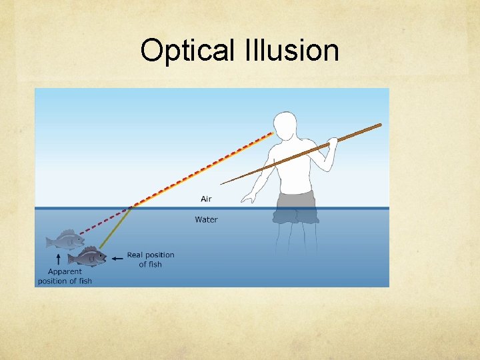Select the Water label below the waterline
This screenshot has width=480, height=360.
[206, 219]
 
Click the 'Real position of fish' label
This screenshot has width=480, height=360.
[150, 259]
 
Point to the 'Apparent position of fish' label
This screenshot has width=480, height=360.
[65, 276]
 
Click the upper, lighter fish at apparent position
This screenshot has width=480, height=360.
[64, 240]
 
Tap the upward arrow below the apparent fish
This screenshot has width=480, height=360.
[58, 259]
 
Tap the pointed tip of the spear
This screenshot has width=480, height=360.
[222, 183]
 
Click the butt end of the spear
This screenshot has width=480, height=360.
[379, 125]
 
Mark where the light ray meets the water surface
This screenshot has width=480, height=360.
[131, 207]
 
